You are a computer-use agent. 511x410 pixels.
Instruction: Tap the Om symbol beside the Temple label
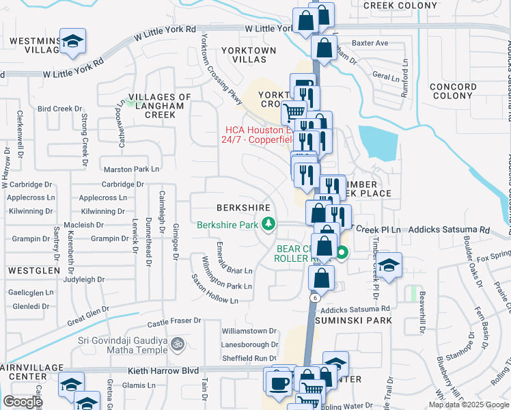coord(178,342)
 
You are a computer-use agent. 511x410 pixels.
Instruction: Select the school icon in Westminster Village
coord(72,42)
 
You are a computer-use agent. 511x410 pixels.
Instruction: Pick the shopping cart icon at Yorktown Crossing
coord(294,111)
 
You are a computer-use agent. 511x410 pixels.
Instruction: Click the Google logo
coord(23,402)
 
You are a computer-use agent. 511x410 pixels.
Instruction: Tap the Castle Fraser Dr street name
coord(174,320)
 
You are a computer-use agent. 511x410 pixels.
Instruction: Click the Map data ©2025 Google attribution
coord(468,405)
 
